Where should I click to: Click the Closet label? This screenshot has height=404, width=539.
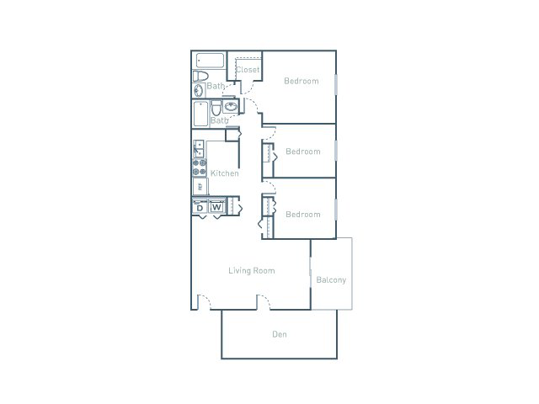(x=248, y=70)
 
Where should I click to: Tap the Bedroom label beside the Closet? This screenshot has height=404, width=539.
(x=302, y=81)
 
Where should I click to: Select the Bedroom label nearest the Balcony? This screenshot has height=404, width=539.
(x=303, y=215)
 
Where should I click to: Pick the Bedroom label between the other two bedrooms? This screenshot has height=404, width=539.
(x=303, y=151)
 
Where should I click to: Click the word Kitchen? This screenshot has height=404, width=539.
(x=225, y=173)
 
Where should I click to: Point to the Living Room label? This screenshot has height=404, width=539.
(x=253, y=271)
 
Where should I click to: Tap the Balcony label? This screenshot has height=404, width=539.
(x=331, y=280)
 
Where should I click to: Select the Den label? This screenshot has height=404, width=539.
(x=280, y=335)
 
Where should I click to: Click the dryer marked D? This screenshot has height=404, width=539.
(x=200, y=207)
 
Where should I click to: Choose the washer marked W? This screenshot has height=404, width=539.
(x=216, y=207)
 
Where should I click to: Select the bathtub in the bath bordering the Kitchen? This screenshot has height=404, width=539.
(x=200, y=114)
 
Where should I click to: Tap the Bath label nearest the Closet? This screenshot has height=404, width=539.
(x=216, y=86)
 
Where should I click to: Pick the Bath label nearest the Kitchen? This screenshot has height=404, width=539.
(x=220, y=120)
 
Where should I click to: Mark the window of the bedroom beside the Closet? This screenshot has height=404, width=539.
(x=336, y=85)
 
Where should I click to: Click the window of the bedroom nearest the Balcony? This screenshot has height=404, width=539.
(x=336, y=210)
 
